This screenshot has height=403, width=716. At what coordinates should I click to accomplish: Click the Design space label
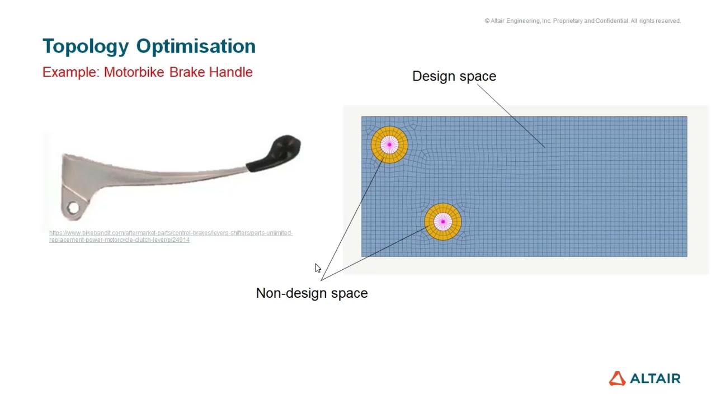pyautogui.click(x=454, y=76)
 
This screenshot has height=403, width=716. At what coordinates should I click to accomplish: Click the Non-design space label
pyautogui.click(x=312, y=293)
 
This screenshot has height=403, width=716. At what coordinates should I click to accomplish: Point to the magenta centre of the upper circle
pyautogui.click(x=389, y=144)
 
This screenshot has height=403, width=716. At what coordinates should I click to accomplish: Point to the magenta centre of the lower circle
pyautogui.click(x=442, y=222)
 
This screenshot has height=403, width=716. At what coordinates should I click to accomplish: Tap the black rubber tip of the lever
pyautogui.click(x=283, y=151)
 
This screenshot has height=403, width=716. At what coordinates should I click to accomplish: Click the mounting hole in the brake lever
pyautogui.click(x=73, y=208)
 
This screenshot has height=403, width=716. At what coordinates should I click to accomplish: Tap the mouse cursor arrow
pyautogui.click(x=317, y=268)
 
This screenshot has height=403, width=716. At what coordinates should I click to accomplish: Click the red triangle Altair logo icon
pyautogui.click(x=617, y=378)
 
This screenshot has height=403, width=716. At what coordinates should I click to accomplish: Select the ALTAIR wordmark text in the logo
pyautogui.click(x=655, y=379)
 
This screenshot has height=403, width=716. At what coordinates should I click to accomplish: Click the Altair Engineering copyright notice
pyautogui.click(x=582, y=21)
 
